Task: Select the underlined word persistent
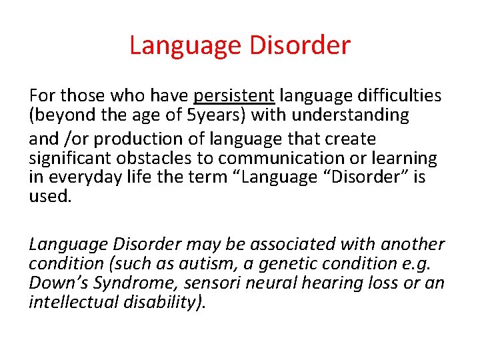234,96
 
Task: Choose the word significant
70,159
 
